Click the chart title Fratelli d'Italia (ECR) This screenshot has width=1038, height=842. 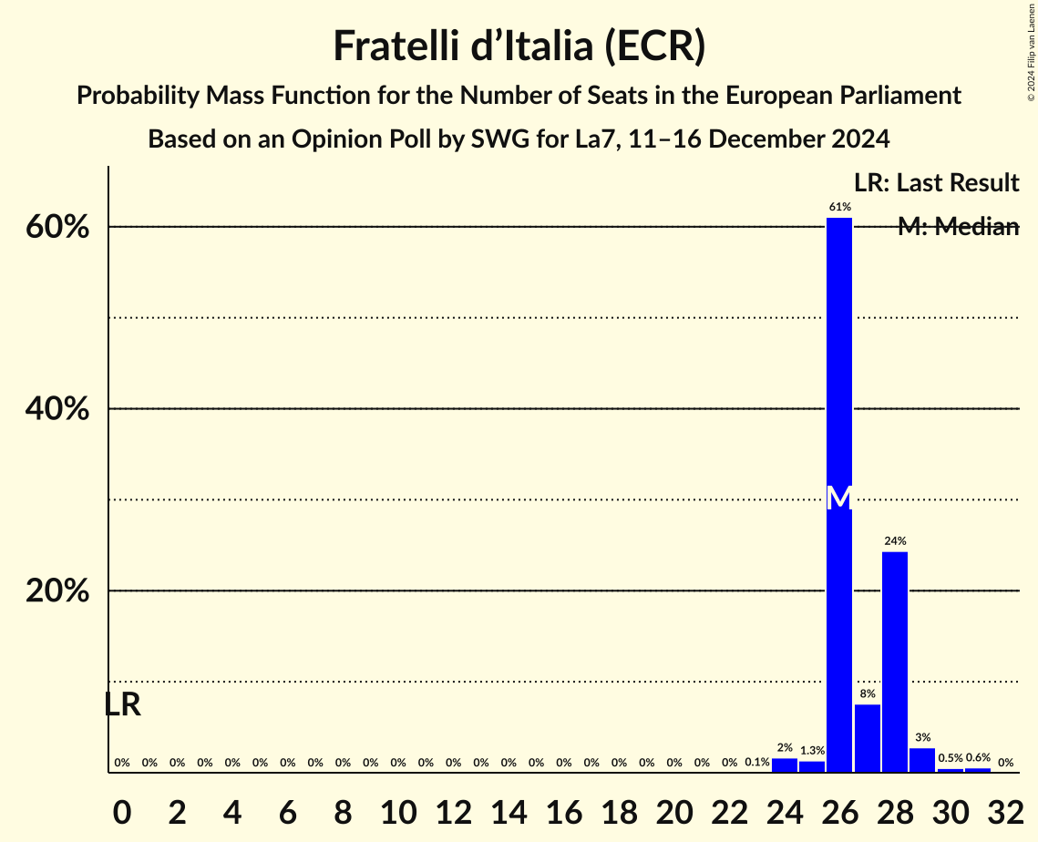pos(519,46)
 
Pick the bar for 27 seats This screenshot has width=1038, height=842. pos(868,738)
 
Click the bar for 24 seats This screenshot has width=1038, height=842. pos(785,765)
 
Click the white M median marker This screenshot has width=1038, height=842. pos(839,498)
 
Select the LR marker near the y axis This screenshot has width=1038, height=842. pos(122,704)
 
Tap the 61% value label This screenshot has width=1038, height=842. pos(839,207)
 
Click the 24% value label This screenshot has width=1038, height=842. pos(895,541)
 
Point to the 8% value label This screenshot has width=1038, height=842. pos(868,693)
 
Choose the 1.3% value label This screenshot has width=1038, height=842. pos(812,750)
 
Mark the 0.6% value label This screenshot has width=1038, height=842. pos(978,757)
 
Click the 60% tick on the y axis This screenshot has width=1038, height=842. pos(57,227)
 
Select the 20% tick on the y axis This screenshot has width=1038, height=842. pos(57,591)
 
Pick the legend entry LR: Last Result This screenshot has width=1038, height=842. pos(936,183)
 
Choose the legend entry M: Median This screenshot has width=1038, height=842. pos(958,227)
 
